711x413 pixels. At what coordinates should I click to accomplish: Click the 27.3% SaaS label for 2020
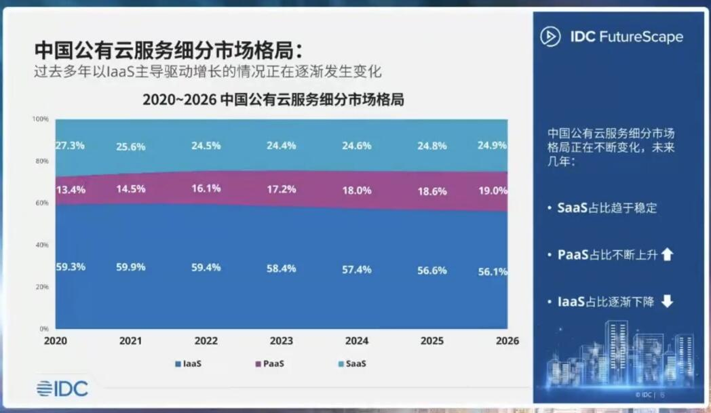coord(71,146)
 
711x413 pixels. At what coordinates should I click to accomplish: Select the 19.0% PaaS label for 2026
coord(493,191)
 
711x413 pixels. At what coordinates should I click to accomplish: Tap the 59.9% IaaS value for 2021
coord(130,267)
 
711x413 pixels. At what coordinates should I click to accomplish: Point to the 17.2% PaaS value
coord(281,189)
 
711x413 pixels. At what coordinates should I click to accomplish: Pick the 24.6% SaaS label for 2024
coord(356,146)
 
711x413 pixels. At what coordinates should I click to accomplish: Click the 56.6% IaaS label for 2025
coord(431,271)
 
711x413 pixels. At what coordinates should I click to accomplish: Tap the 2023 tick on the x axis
coord(281,341)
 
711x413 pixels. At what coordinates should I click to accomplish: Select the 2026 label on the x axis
coord(507,341)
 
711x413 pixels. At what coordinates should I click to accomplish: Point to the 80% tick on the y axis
coord(42,161)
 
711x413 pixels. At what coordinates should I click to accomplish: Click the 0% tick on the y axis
coord(44,329)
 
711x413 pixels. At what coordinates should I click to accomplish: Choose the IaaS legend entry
coord(188,363)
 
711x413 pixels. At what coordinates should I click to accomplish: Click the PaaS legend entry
coord(270,363)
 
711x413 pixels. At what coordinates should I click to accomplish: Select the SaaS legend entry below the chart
coord(352,363)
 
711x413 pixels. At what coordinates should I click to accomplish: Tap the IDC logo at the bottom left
coord(62,389)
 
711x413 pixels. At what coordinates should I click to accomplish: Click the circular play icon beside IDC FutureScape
coord(550,37)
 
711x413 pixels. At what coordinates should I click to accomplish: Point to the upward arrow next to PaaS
coord(667,254)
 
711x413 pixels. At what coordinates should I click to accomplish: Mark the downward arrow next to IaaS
coord(667,301)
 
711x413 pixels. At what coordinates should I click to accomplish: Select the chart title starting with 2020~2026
coord(273,99)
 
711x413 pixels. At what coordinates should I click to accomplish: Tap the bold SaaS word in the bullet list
coord(572,208)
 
